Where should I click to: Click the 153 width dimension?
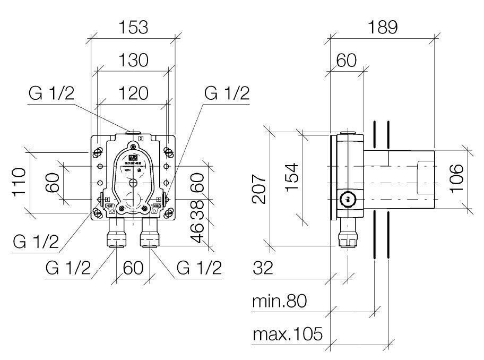tap(133, 27)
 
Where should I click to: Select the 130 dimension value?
tap(133, 61)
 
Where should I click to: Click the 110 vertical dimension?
tap(20, 182)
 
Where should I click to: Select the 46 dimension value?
tap(197, 234)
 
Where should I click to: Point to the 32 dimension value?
tap(262, 268)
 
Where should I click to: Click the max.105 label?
tap(287, 335)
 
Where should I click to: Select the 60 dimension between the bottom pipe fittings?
tap(133, 268)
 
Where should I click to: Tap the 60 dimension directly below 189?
tap(346, 61)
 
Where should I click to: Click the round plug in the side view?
tap(348, 200)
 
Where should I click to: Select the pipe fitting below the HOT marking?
tap(116, 234)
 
